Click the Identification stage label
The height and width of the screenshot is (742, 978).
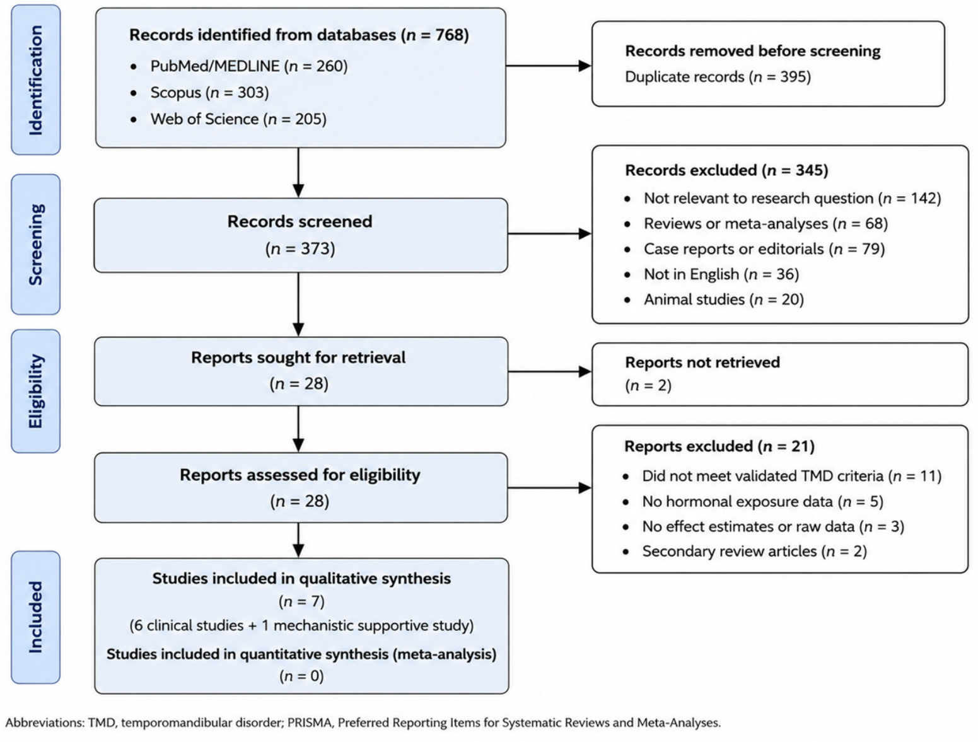pyautogui.click(x=36, y=80)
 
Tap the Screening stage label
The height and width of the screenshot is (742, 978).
pyautogui.click(x=36, y=245)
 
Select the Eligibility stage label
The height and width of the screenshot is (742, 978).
pyautogui.click(x=36, y=391)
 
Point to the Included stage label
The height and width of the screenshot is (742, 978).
pyautogui.click(x=36, y=617)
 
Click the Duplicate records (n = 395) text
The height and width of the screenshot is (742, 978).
pyautogui.click(x=718, y=77)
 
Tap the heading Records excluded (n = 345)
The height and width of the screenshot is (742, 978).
pyautogui.click(x=726, y=171)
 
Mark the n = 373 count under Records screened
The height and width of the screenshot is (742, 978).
pyautogui.click(x=300, y=248)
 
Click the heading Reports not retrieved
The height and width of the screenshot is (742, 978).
pyautogui.click(x=702, y=362)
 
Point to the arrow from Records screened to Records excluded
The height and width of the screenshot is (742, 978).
pyautogui.click(x=550, y=233)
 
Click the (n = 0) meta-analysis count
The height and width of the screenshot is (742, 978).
pyautogui.click(x=301, y=676)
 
